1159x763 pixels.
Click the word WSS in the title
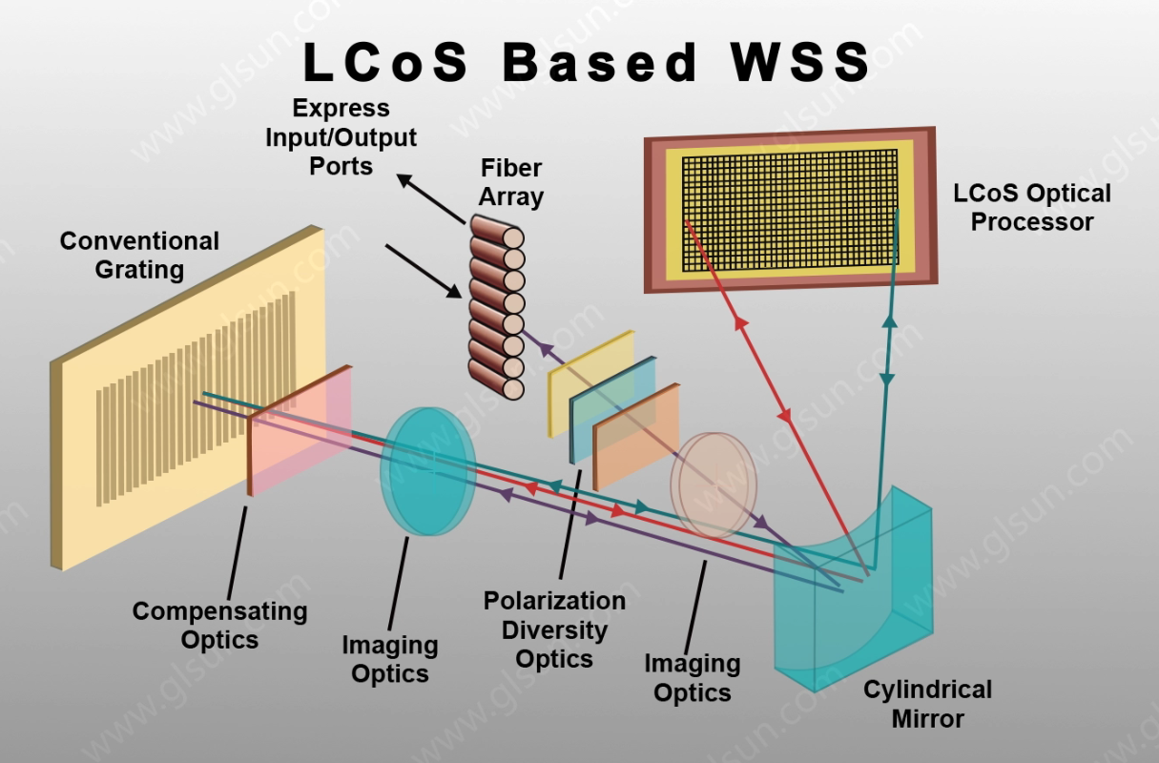pos(800,62)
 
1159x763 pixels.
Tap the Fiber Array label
pos(510,182)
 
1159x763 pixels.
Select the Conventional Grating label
pos(139,256)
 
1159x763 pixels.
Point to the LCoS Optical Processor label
pos(1032,208)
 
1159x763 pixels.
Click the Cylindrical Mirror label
pos(928,704)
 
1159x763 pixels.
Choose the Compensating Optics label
pos(220,626)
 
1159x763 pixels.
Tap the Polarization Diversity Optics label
pos(554,630)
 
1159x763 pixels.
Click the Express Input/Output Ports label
pos(341,137)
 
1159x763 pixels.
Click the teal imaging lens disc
pos(428,471)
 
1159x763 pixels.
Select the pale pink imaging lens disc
pos(714,485)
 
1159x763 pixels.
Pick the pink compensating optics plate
pos(300,430)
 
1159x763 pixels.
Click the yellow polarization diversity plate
pos(590,383)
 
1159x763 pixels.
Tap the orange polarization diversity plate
pos(636,437)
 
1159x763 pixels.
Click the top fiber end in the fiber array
pos(513,237)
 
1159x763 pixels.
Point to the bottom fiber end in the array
pos(513,389)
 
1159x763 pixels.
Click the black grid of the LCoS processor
pos(790,210)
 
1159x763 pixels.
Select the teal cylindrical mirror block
pos(854,588)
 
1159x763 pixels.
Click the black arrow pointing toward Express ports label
pos(430,198)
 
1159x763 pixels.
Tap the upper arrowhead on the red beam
pos(741,322)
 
